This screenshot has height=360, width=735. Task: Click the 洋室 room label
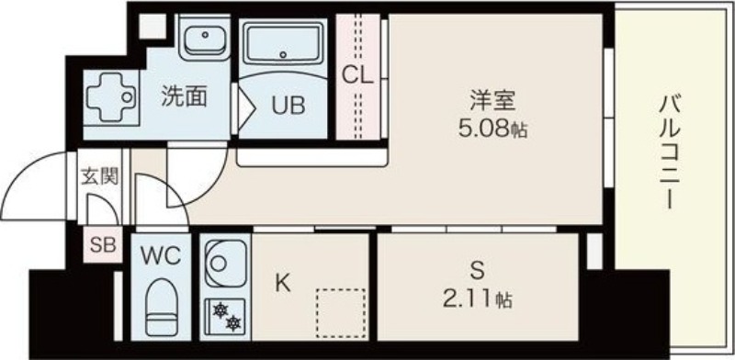pos(492,101)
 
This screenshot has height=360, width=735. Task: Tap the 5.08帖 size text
pos(492,129)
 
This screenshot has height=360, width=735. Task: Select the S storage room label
pos(477,271)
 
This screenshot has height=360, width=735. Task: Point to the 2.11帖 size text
pos(477,298)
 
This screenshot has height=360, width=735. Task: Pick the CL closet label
pos(357,75)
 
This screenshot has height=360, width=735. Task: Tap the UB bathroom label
pos(288,106)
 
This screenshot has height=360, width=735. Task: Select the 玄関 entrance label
pos(99,176)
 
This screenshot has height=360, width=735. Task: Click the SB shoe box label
pos(103,244)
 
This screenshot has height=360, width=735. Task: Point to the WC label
pos(161,255)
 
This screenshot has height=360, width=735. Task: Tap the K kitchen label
pos(282,283)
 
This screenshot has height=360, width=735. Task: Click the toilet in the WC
pos(162,307)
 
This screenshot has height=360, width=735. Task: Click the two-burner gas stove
pos(225,317)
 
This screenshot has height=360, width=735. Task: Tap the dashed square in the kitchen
pos(341,312)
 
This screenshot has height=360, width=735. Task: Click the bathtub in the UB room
pos(283,44)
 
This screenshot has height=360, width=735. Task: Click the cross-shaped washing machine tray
pos(111,97)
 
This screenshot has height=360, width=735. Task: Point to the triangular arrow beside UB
pos(246,108)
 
